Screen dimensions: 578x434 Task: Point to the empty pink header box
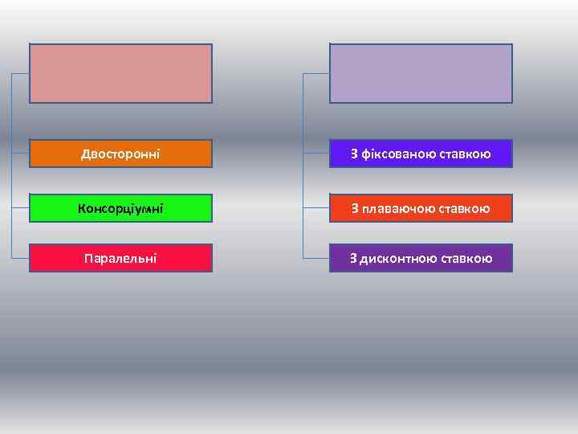(120, 73)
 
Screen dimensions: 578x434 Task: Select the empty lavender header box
(421, 73)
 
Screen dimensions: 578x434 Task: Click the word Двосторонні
(120, 154)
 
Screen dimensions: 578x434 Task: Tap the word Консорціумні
(120, 209)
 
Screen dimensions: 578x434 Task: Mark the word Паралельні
(120, 258)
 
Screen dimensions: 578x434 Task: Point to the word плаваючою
(395, 209)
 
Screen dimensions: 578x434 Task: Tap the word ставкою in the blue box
(465, 154)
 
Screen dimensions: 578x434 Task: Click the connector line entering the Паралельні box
(21, 258)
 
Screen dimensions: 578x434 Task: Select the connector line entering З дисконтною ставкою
(316, 258)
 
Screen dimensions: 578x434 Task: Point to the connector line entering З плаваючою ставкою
(316, 209)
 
